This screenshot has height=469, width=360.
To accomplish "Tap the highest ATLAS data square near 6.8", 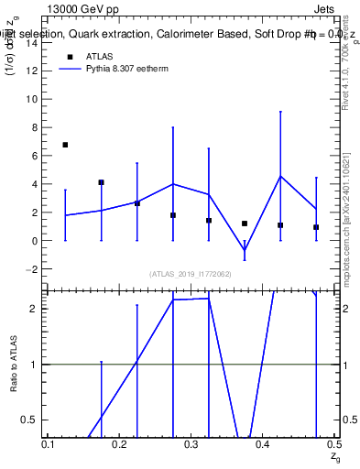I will pyautogui.click(x=65, y=145).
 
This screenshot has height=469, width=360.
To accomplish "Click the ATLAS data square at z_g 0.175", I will pyautogui.click(x=101, y=182).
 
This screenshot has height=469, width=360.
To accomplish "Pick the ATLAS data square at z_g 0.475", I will pyautogui.click(x=316, y=227).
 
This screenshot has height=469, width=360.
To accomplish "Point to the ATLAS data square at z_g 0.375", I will pyautogui.click(x=245, y=224).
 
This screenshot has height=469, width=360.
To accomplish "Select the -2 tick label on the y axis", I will pyautogui.click(x=34, y=269).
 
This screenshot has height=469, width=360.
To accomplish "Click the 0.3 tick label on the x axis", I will pyautogui.click(x=191, y=443).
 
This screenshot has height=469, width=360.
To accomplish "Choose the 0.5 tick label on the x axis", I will pyautogui.click(x=333, y=443).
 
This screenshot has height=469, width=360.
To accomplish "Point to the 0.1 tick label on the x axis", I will pyautogui.click(x=49, y=443).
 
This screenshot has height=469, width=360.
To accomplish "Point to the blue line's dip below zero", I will pyautogui.click(x=245, y=250).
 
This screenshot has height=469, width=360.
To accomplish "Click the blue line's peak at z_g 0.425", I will pyautogui.click(x=280, y=176).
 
